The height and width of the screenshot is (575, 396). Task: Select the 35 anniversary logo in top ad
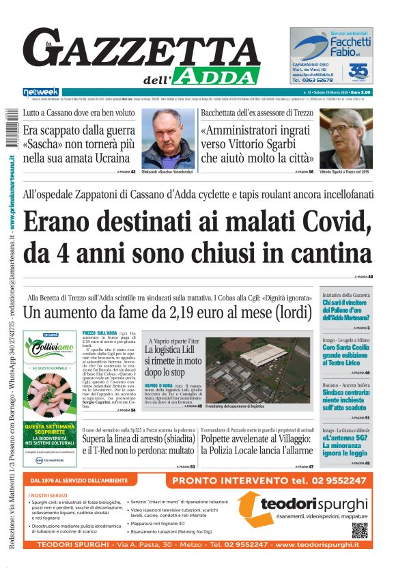358,71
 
